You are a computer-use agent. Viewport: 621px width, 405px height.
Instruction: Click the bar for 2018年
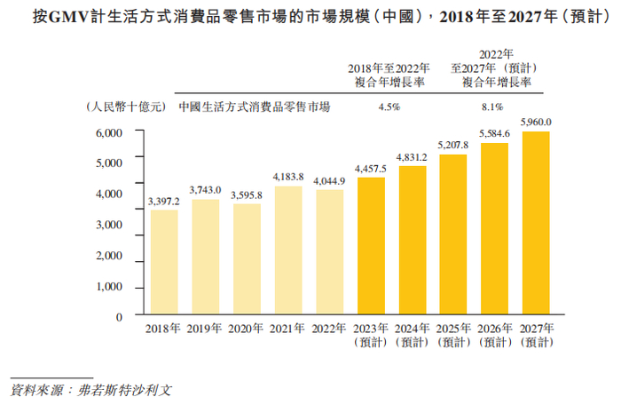pyautogui.click(x=163, y=262)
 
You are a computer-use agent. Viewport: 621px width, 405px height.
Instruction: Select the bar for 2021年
pyautogui.click(x=288, y=250)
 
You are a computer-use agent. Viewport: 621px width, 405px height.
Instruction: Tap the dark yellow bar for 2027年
pyautogui.click(x=538, y=223)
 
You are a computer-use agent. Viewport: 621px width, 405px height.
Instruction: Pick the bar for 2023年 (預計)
pyautogui.click(x=371, y=246)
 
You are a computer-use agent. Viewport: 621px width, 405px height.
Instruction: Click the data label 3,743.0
pyautogui.click(x=205, y=190)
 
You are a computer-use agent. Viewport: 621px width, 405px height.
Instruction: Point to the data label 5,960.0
pyautogui.click(x=538, y=122)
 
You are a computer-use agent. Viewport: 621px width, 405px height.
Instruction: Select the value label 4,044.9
pyautogui.click(x=329, y=180)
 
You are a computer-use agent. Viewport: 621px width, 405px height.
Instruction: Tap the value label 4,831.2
pyautogui.click(x=413, y=157)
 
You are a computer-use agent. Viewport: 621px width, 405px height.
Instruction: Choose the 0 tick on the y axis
pyautogui.click(x=117, y=317)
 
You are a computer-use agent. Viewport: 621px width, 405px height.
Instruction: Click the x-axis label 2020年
pyautogui.click(x=247, y=329)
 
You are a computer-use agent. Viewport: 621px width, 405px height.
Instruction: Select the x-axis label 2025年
pyautogui.click(x=454, y=329)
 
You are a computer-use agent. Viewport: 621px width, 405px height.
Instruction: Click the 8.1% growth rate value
pyautogui.click(x=493, y=107)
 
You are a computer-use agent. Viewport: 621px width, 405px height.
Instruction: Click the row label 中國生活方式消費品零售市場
pyautogui.click(x=255, y=107)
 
